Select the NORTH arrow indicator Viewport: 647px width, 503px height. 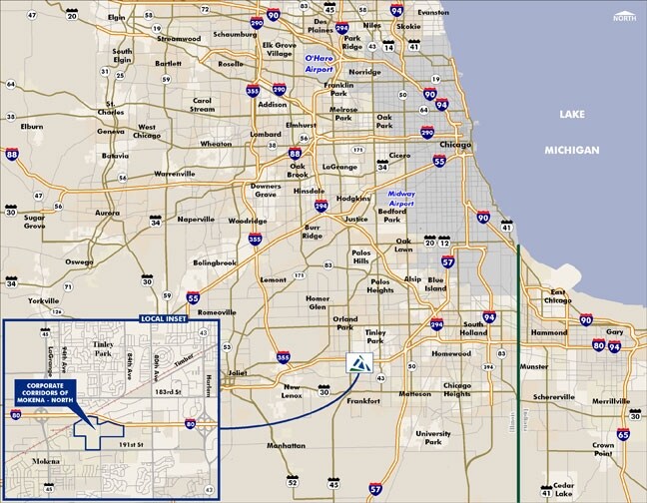(x=624, y=14)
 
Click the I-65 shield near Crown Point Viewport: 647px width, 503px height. (x=624, y=434)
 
